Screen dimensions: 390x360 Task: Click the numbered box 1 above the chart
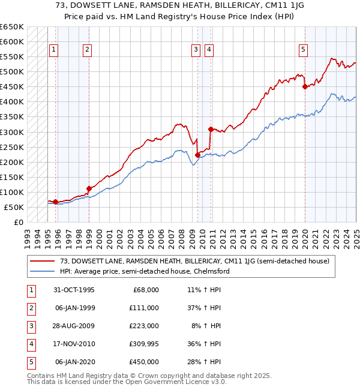(54, 50)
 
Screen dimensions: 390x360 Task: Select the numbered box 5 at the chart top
(304, 50)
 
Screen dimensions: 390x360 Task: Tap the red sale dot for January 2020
(305, 87)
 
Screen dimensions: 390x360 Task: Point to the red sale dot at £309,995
(211, 129)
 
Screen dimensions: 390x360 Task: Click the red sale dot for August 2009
(197, 155)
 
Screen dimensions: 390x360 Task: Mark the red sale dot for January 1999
(88, 188)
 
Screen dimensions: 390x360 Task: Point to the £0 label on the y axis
(18, 223)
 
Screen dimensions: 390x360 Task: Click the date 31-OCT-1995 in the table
(74, 290)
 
